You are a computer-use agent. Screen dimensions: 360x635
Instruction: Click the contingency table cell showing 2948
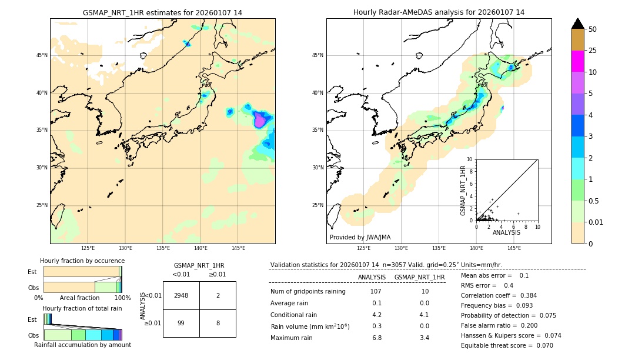click(181, 295)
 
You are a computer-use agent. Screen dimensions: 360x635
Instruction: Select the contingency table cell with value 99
click(181, 323)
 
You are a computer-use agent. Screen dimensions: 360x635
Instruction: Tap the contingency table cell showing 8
click(218, 323)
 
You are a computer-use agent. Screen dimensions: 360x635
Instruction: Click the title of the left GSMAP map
click(162, 12)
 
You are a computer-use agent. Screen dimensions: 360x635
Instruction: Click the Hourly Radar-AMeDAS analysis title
click(439, 12)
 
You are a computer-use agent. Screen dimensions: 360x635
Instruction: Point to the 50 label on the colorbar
click(593, 29)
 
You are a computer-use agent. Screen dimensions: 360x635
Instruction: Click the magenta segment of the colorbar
click(577, 61)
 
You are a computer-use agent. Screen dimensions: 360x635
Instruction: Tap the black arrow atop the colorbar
click(577, 24)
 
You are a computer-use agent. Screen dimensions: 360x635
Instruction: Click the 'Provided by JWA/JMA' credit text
click(360, 237)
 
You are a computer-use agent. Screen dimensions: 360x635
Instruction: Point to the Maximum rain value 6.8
click(376, 338)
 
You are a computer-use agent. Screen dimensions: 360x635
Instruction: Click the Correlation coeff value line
click(499, 295)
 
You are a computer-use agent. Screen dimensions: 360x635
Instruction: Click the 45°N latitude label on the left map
click(42, 55)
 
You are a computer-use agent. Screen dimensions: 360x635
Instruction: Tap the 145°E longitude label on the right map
click(514, 248)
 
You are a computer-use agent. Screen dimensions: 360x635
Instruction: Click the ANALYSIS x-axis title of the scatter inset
click(506, 232)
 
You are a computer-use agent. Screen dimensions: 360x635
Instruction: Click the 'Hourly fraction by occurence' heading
click(82, 261)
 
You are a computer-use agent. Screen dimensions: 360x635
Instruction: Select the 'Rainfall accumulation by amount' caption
click(82, 345)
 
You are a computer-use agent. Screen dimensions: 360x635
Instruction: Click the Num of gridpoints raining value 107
click(376, 292)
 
